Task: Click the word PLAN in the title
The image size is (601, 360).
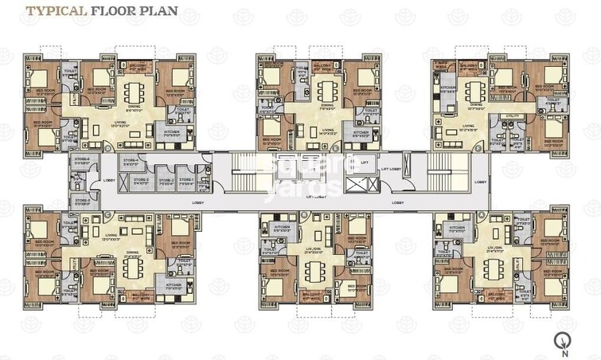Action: pyautogui.click(x=159, y=13)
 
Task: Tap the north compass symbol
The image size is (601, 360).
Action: pyautogui.click(x=563, y=338)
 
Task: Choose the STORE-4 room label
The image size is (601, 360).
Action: pyautogui.click(x=131, y=162)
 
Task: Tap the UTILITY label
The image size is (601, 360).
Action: pyautogui.click(x=512, y=116)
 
